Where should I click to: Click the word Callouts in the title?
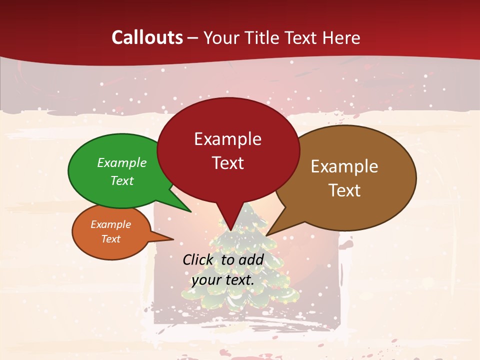point(147,37)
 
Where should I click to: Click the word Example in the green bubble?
point(122,162)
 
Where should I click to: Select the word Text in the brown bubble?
point(344,190)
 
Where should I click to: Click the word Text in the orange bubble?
point(110,239)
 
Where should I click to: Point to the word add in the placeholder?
point(251,259)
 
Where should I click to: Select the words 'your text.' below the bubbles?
point(223,280)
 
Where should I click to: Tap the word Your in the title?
point(222,37)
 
